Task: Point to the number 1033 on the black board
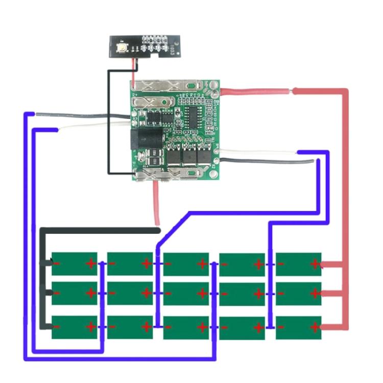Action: tap(173, 50)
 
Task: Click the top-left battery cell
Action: tap(75, 264)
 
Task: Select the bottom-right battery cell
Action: tap(299, 327)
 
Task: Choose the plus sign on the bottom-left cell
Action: tap(91, 326)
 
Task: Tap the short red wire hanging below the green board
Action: tap(156, 204)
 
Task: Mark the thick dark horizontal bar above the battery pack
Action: tap(102, 231)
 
